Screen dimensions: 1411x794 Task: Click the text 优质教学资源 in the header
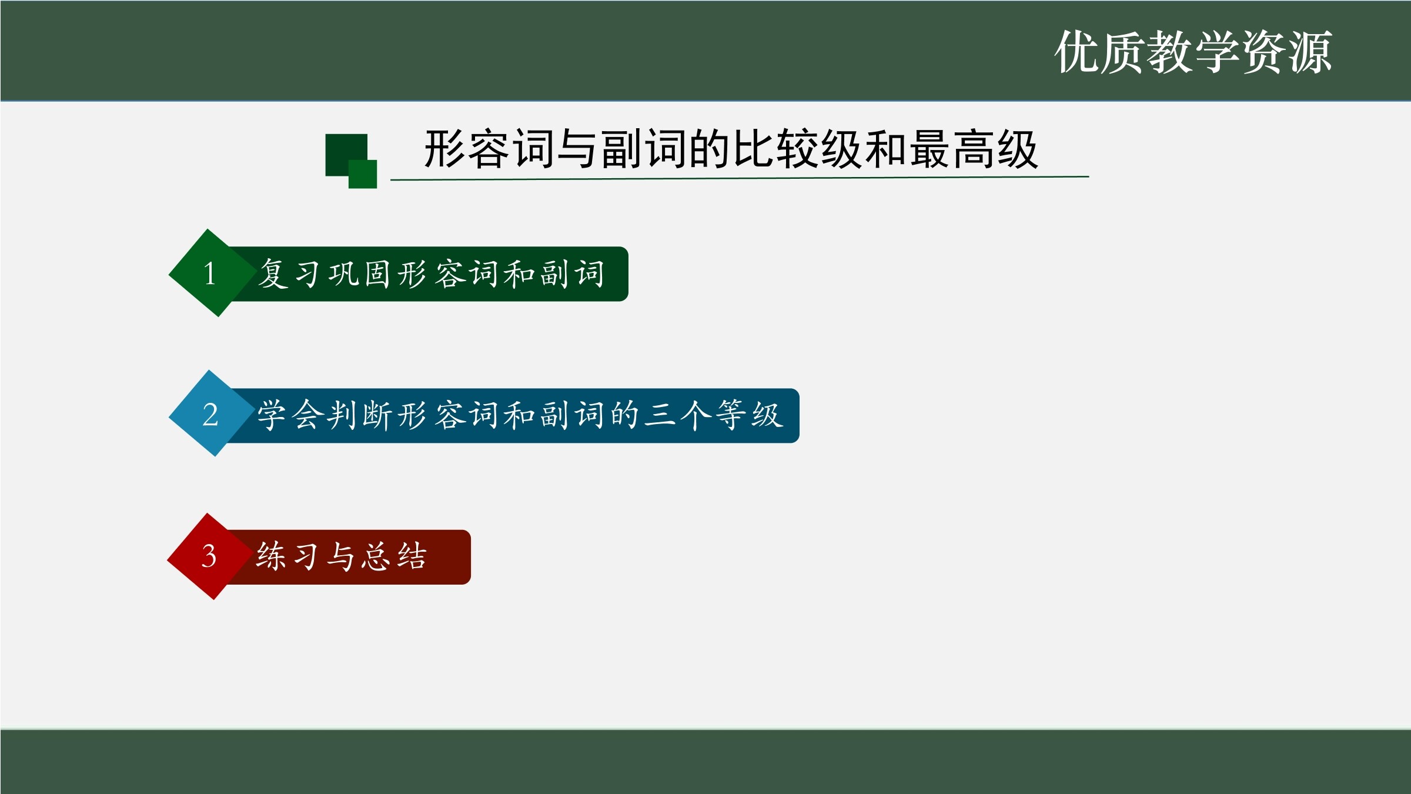1193,52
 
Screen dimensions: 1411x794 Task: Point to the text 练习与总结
341,556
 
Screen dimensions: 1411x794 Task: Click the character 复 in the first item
273,273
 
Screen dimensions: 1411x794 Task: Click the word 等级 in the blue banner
749,415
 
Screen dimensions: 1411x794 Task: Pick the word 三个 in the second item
677,415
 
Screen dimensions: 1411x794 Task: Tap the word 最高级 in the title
974,149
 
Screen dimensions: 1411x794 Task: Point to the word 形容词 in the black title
489,149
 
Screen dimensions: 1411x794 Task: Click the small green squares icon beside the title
351,161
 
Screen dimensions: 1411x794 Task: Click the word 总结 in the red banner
394,556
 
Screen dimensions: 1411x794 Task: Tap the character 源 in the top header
1310,52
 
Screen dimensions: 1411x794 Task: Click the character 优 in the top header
1077,52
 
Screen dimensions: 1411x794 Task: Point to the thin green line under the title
740,178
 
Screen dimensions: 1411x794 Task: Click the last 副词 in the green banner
573,274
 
